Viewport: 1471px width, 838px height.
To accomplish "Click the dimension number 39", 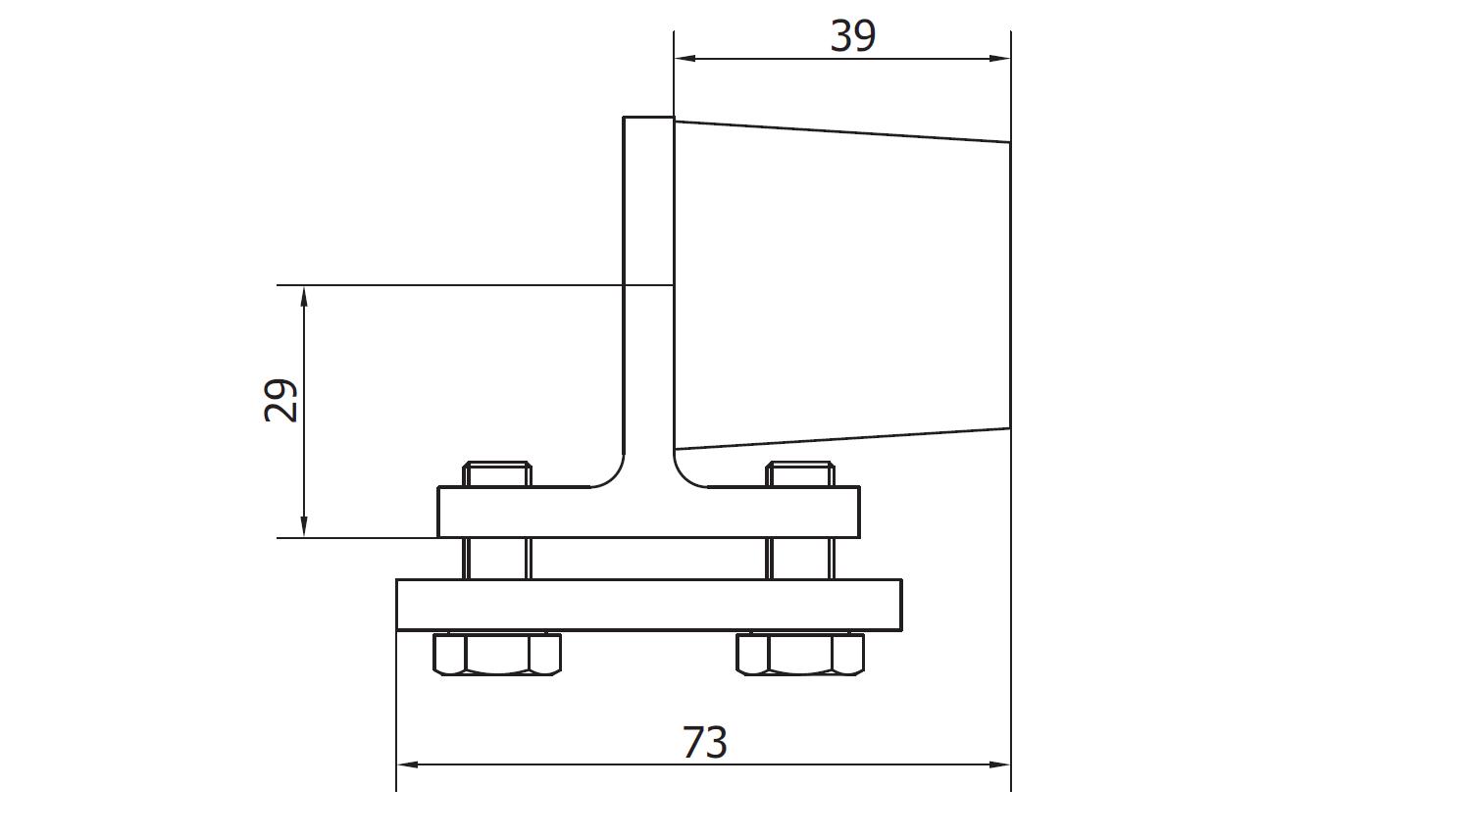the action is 852,36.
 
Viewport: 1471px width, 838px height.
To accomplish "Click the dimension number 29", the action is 280,400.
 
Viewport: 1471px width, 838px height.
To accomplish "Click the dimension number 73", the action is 705,742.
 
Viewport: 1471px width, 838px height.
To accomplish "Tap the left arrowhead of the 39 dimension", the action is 685,59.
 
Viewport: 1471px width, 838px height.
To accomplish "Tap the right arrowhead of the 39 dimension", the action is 999,59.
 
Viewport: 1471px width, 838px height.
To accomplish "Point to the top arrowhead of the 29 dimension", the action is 303,297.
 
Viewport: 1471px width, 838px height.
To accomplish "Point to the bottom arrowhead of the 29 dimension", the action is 303,526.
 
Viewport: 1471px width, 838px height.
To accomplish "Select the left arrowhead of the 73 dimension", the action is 408,764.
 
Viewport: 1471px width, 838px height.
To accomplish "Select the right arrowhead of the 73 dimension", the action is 999,764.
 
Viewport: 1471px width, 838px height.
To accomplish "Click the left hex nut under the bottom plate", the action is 497,654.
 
